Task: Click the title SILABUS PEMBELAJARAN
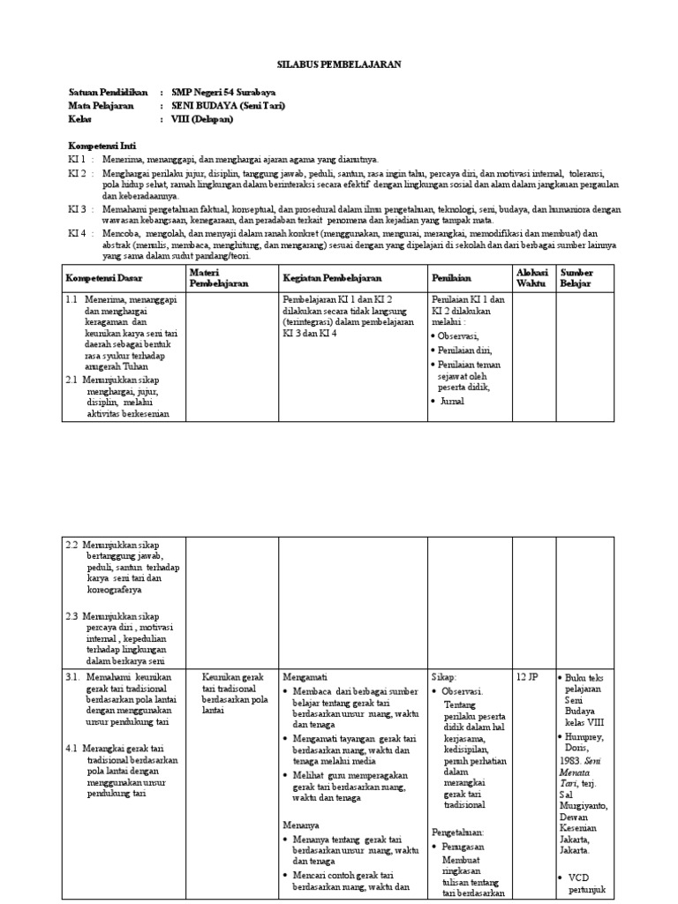point(339,64)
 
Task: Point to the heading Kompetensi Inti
point(102,145)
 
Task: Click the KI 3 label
point(78,209)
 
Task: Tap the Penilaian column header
point(452,278)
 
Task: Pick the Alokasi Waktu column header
point(531,278)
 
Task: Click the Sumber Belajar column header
point(577,278)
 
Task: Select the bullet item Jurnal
point(452,401)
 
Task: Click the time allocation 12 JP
point(528,676)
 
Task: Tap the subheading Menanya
point(301,824)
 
